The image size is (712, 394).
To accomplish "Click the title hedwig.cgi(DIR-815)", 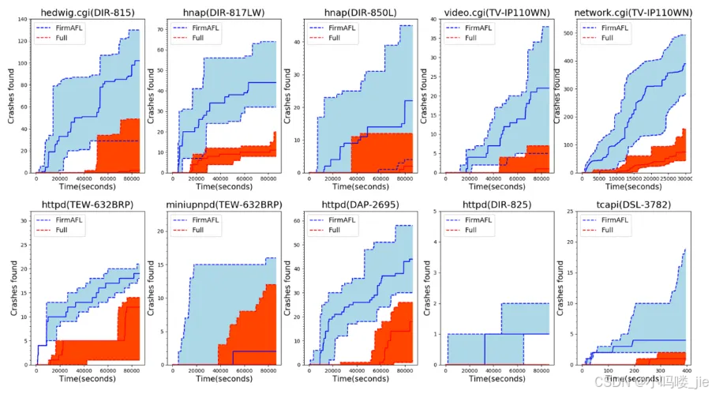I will pos(88,12).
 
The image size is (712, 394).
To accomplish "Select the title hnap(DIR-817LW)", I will pos(223,12).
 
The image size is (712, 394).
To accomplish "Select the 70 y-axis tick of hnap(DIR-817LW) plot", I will pos(161,29).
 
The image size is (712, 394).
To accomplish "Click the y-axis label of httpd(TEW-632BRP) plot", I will pos(10,290).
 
